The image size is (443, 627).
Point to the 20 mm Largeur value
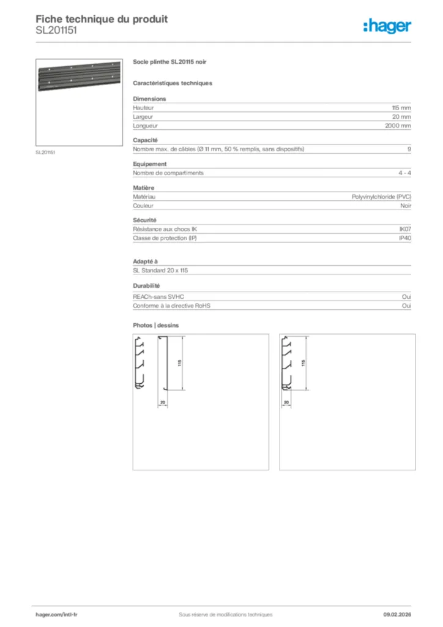click(x=401, y=116)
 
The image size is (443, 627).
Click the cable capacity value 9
click(x=409, y=149)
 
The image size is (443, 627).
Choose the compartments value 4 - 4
click(x=404, y=173)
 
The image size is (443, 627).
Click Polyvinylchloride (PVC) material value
click(x=381, y=197)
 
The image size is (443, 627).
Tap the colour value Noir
click(x=404, y=206)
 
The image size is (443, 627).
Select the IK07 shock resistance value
click(x=404, y=229)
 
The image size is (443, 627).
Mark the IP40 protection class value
click(x=404, y=238)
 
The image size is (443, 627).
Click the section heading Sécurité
click(x=144, y=220)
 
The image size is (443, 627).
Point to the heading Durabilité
click(x=146, y=286)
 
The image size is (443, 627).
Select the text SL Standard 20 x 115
click(x=161, y=271)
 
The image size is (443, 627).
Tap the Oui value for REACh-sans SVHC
click(x=406, y=296)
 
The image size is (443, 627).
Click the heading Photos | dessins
click(x=156, y=326)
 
